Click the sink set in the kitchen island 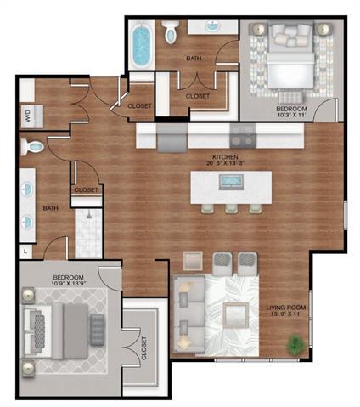pos(230,181)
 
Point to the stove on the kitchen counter pos(242,133)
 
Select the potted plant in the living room pos(295,344)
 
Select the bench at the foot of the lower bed pos(97,325)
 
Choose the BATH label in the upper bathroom pos(194,59)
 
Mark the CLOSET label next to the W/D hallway pos(139,105)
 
